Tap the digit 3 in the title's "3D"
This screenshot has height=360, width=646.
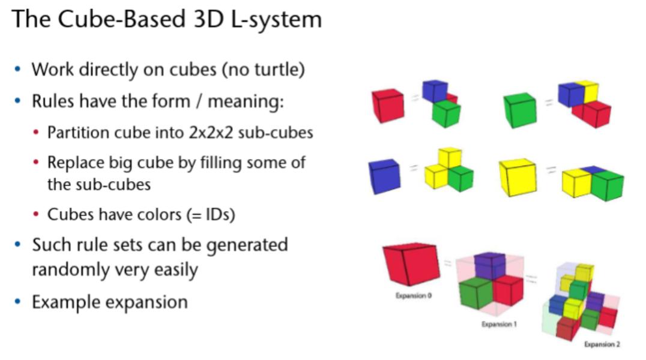[200, 19]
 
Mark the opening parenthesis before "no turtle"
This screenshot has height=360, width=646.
[225, 70]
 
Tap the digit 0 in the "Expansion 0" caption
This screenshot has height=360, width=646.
[429, 295]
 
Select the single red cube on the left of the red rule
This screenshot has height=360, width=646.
[388, 106]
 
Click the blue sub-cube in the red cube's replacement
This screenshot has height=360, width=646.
[434, 90]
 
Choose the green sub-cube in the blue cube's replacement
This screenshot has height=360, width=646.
[460, 178]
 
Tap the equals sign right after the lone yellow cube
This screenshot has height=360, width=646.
[551, 169]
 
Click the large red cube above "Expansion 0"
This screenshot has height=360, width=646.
[411, 263]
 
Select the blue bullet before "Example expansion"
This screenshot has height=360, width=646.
[18, 302]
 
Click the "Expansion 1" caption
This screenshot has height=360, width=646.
[499, 324]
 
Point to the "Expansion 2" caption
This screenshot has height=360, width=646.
[602, 344]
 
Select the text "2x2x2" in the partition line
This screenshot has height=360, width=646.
[211, 133]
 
